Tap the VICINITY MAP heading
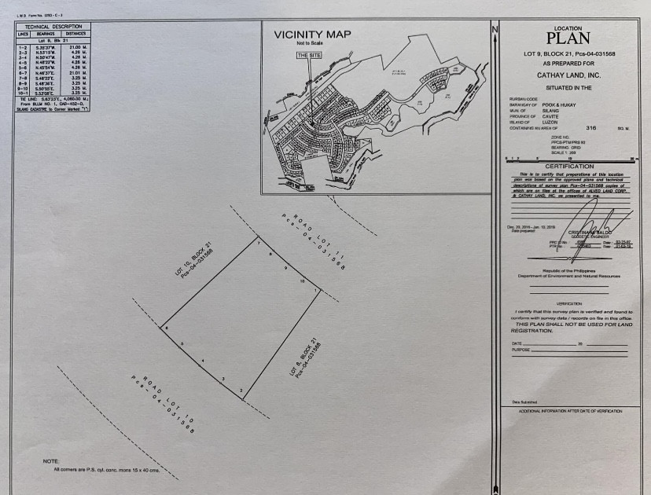(312, 35)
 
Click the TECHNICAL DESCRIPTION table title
(53, 27)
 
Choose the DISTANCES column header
(76, 34)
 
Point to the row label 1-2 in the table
(23, 47)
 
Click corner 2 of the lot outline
(241, 390)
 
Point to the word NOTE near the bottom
(52, 460)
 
